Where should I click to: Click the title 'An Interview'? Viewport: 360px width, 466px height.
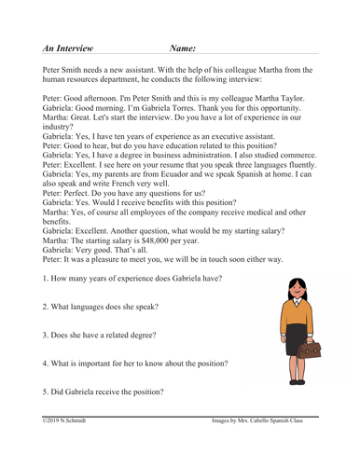coord(71,46)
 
